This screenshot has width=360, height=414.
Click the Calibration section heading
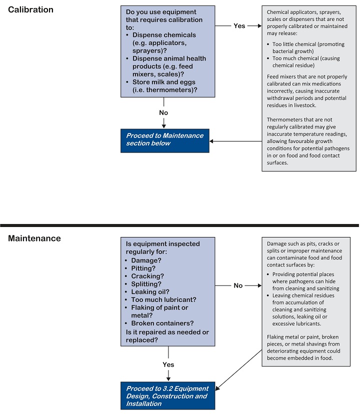point(30,10)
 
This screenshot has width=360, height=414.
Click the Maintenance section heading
point(34,238)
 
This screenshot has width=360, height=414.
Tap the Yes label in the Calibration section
point(239,26)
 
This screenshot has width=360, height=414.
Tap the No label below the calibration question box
point(163,112)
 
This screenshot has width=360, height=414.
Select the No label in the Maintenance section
point(238,285)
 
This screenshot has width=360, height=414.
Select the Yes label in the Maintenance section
point(168,364)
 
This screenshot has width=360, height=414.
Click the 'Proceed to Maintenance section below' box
point(165,140)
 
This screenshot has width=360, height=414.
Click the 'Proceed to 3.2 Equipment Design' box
point(167,395)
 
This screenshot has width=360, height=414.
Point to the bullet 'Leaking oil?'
point(150,292)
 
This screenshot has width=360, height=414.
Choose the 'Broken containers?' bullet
point(162,323)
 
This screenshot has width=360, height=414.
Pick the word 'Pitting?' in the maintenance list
point(143,268)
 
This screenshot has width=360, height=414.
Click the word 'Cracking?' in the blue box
point(147,276)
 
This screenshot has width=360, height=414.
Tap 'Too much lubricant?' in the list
point(163,299)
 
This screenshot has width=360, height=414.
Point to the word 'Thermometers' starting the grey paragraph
point(283,119)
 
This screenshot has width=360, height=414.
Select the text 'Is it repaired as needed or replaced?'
point(167,336)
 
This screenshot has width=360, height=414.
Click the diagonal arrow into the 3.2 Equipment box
point(238,369)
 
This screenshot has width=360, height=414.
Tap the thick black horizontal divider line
point(179,225)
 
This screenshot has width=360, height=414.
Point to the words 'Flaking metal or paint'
point(293,337)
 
